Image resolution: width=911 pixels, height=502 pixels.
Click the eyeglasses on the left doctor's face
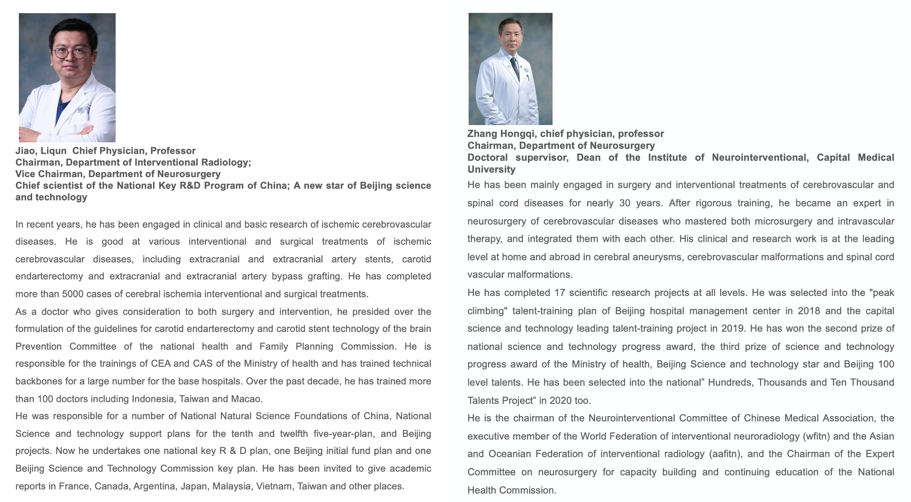[x=70, y=53]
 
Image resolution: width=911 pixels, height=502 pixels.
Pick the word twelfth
[x=294, y=434]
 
